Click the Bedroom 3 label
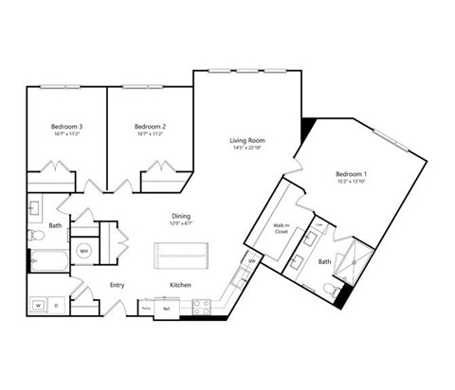[x=67, y=127]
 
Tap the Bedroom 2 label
[x=150, y=127]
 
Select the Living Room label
[x=245, y=141]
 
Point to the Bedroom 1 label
[x=352, y=174]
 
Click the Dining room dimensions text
[x=181, y=223]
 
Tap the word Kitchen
[x=182, y=285]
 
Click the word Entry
[x=118, y=285]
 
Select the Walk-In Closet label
[x=282, y=228]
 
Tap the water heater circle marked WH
[x=84, y=251]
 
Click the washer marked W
[x=39, y=306]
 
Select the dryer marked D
[x=57, y=306]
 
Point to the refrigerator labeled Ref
[x=167, y=309]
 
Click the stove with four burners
[x=200, y=306]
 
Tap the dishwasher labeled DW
[x=251, y=262]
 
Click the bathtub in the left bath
[x=45, y=261]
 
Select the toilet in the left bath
[x=35, y=234]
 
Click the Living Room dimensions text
[x=245, y=150]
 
